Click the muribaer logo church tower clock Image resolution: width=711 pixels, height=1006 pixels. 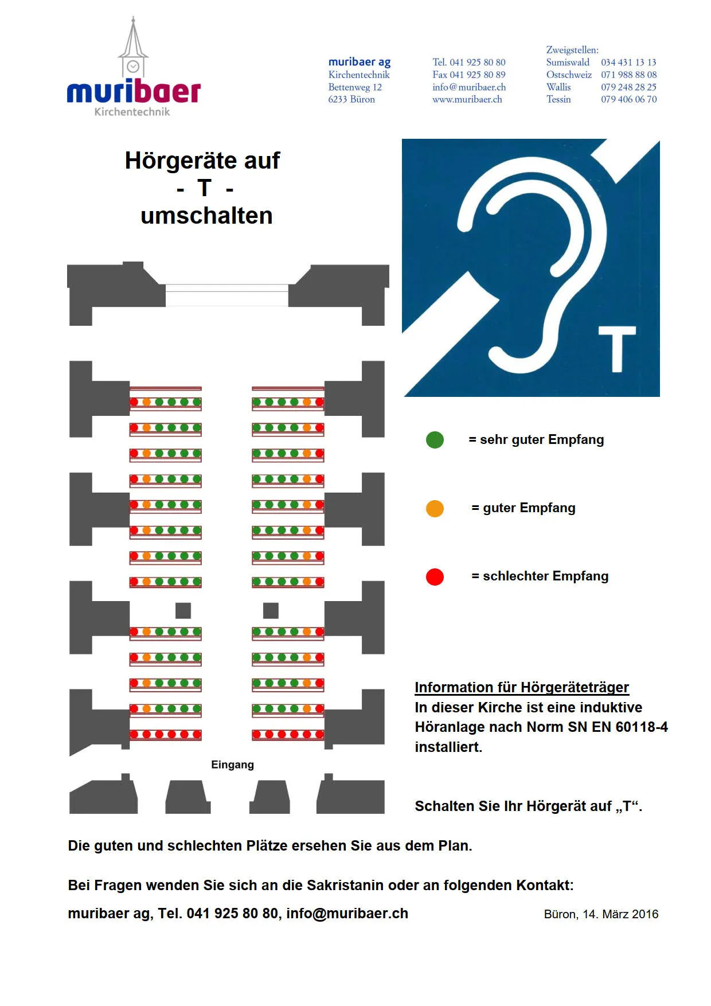(x=133, y=67)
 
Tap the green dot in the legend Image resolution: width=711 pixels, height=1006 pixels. (x=435, y=440)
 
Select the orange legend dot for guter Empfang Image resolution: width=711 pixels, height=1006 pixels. (x=435, y=508)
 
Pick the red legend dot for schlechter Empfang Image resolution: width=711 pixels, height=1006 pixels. (x=435, y=576)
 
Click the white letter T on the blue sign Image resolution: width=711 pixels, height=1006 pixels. (x=617, y=349)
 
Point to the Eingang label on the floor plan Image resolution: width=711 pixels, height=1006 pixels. (x=232, y=765)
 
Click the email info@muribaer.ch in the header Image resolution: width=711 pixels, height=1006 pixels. (x=469, y=87)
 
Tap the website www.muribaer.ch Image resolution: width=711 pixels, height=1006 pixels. (x=467, y=99)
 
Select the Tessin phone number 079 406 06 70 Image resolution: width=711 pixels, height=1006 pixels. (x=628, y=99)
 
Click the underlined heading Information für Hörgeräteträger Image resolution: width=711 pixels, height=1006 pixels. (x=522, y=687)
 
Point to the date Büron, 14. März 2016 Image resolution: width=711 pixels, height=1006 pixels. (x=601, y=914)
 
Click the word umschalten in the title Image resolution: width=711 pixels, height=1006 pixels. (x=206, y=216)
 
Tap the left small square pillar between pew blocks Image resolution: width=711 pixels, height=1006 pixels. (x=183, y=610)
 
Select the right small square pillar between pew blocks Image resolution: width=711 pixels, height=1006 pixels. (x=271, y=610)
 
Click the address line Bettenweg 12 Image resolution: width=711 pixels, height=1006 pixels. (x=355, y=87)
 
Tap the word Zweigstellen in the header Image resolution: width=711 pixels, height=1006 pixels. (x=572, y=50)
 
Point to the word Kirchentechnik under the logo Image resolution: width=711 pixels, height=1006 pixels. (x=132, y=112)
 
